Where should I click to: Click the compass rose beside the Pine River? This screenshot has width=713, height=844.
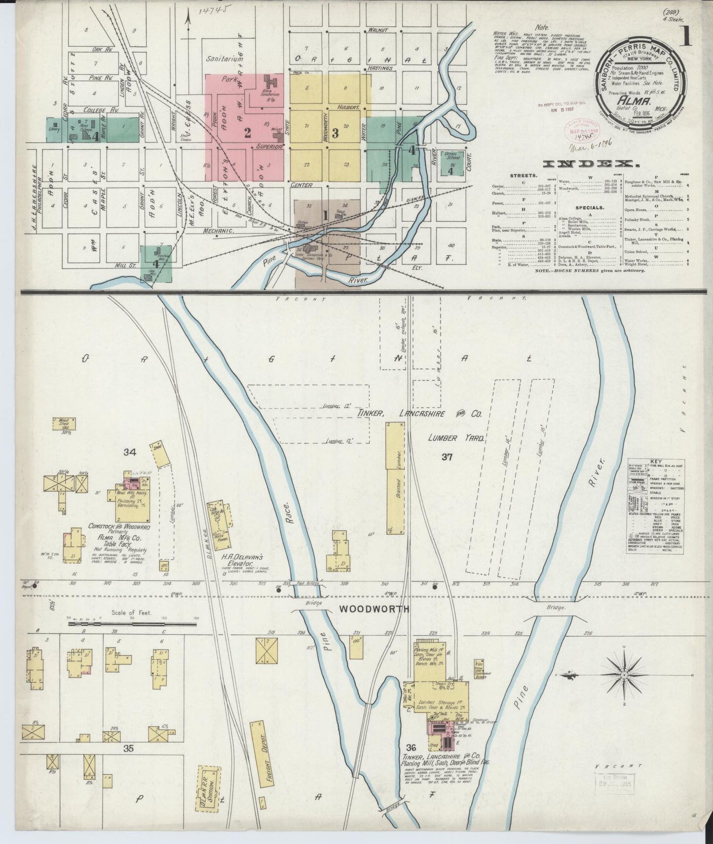coord(623,675)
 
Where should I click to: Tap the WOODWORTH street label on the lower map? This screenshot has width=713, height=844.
coord(374,609)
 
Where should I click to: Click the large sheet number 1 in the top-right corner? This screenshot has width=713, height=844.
coord(685,37)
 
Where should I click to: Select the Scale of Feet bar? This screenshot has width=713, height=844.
coord(132,624)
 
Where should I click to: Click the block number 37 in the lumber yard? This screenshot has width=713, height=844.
coord(447,458)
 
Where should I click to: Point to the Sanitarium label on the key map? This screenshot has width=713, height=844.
coord(225,59)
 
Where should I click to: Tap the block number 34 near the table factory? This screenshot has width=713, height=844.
coord(130,452)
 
